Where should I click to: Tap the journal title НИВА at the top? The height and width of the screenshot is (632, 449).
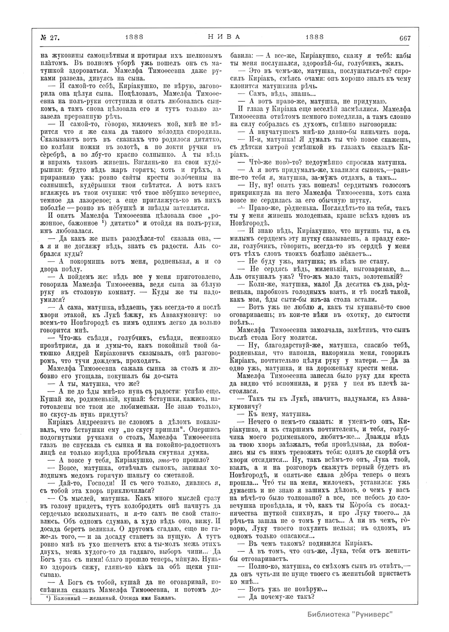(x=223, y=37)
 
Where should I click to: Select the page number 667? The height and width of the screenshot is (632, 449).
(x=405, y=38)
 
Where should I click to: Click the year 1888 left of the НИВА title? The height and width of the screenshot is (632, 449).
(x=134, y=37)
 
